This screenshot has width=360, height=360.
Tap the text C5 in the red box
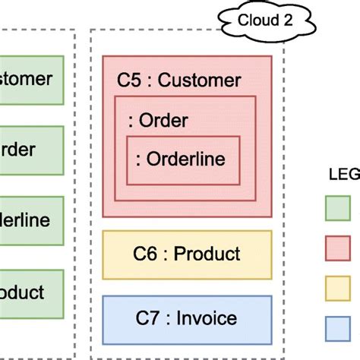130,80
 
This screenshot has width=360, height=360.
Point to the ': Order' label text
159,121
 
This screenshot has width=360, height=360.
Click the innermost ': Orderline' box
183,159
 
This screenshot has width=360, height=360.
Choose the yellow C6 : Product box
186,254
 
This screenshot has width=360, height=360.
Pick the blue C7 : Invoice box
186,318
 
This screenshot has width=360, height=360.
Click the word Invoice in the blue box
206,318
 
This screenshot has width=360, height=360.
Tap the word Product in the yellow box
207,254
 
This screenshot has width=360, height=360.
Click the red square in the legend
337,248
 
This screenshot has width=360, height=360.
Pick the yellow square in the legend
337,289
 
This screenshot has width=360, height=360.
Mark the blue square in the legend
337,328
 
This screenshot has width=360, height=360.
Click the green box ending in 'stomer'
30,78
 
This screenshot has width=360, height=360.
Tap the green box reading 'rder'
30,150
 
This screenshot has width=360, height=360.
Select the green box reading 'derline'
30,221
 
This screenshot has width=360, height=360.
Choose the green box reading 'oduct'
30,292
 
